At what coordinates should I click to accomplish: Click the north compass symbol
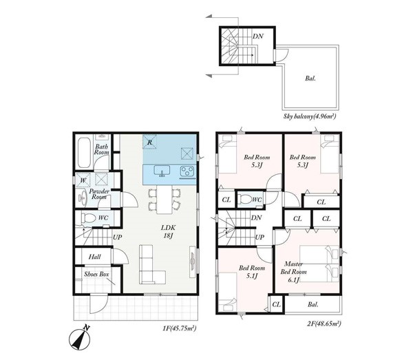tap(80, 339)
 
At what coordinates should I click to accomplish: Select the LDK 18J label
tap(168, 231)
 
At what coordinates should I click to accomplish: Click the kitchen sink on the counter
tap(162, 171)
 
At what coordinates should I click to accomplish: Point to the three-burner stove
tap(187, 171)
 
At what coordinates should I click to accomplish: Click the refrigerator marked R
tap(149, 142)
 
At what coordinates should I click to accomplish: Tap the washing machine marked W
tap(83, 180)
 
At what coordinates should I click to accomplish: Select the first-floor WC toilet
tap(88, 218)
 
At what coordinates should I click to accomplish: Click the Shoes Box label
tap(96, 275)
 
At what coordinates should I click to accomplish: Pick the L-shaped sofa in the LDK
tap(149, 267)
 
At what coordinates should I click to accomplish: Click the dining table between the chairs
tap(165, 200)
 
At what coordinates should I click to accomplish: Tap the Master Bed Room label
tap(293, 272)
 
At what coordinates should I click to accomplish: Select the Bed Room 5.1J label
tap(252, 272)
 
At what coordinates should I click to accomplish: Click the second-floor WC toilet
tap(245, 200)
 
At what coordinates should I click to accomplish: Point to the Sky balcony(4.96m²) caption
tap(310, 116)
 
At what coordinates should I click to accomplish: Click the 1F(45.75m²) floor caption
tap(180, 328)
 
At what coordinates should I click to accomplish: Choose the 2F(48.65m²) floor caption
tap(324, 324)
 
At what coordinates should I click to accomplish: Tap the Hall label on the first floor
tap(94, 257)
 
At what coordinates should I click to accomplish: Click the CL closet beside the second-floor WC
tap(226, 200)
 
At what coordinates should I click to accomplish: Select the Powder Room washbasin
tap(83, 198)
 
